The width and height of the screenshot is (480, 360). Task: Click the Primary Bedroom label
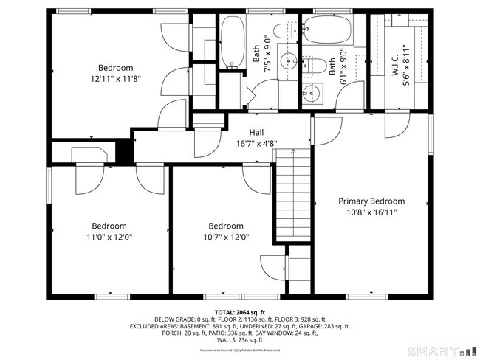pos(371,201)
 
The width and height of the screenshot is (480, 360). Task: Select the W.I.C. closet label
pos(396,66)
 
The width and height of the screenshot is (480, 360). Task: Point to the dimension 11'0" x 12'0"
pos(109,237)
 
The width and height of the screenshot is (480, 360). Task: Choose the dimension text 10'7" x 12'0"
pos(225,237)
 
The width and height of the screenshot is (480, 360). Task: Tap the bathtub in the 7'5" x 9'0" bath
pos(233,44)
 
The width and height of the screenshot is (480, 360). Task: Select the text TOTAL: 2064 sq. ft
pos(240,311)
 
